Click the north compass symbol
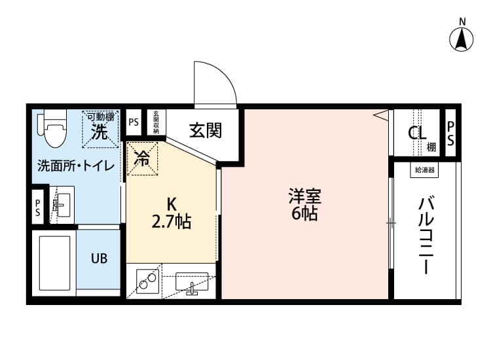(462, 39)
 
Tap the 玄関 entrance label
(206, 130)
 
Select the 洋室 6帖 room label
(304, 204)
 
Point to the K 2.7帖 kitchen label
(171, 213)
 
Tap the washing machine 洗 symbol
(100, 132)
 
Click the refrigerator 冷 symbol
(141, 158)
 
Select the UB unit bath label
(100, 258)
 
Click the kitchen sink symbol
(191, 283)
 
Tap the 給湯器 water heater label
(425, 170)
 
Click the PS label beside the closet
(451, 134)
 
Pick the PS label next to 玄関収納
(134, 122)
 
